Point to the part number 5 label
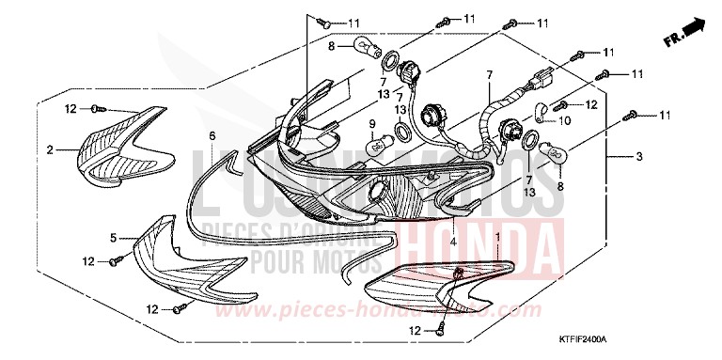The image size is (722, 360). [113, 237]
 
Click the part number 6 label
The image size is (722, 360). [212, 136]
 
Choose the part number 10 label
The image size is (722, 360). [566, 119]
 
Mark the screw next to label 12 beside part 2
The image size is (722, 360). [101, 109]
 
